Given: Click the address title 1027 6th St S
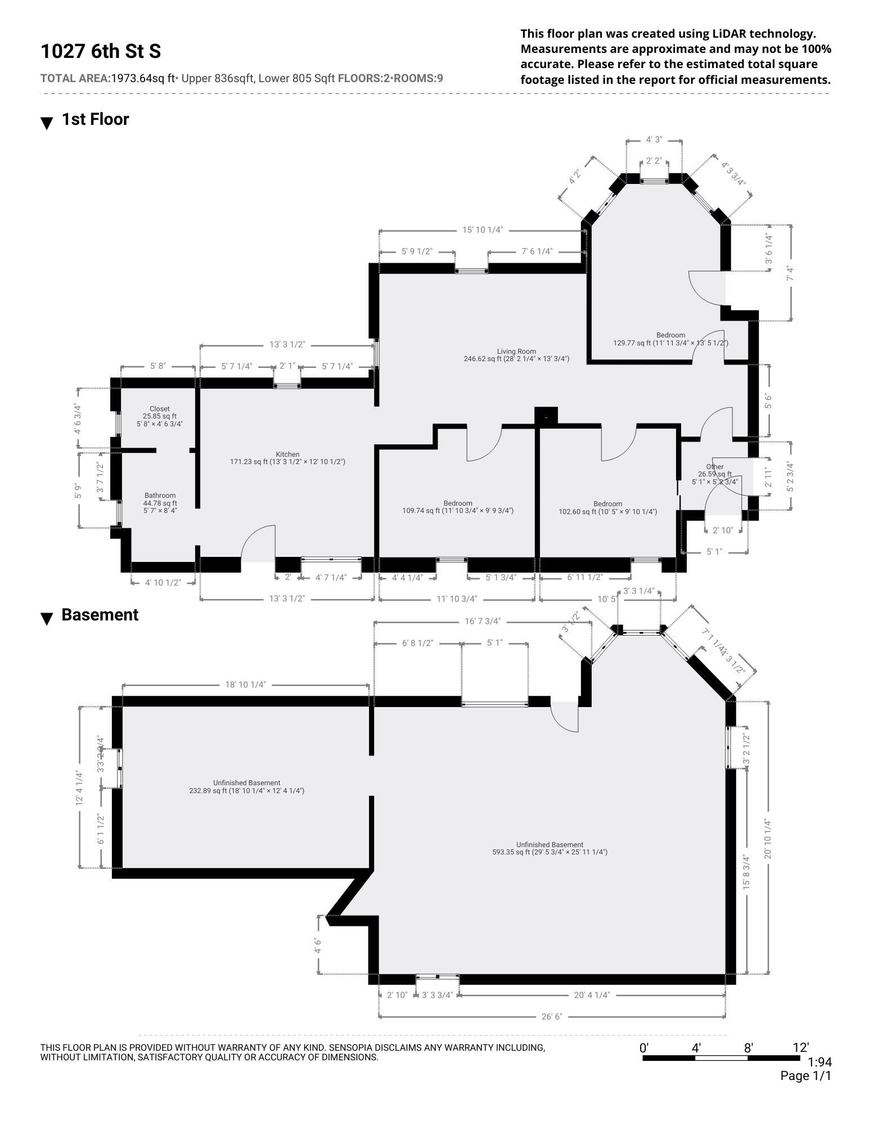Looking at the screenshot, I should coord(101,51).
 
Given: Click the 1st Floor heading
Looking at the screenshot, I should coord(95,119).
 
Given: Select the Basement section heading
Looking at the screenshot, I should coord(100,615).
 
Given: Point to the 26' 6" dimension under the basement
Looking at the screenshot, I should coord(552,1016).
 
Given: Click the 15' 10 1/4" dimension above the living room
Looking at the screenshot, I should coord(482,230).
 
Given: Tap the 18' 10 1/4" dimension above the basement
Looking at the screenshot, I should coord(245,685).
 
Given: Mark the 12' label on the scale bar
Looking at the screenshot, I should coord(800,1047).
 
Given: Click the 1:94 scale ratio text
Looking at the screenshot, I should coord(819,1062).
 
